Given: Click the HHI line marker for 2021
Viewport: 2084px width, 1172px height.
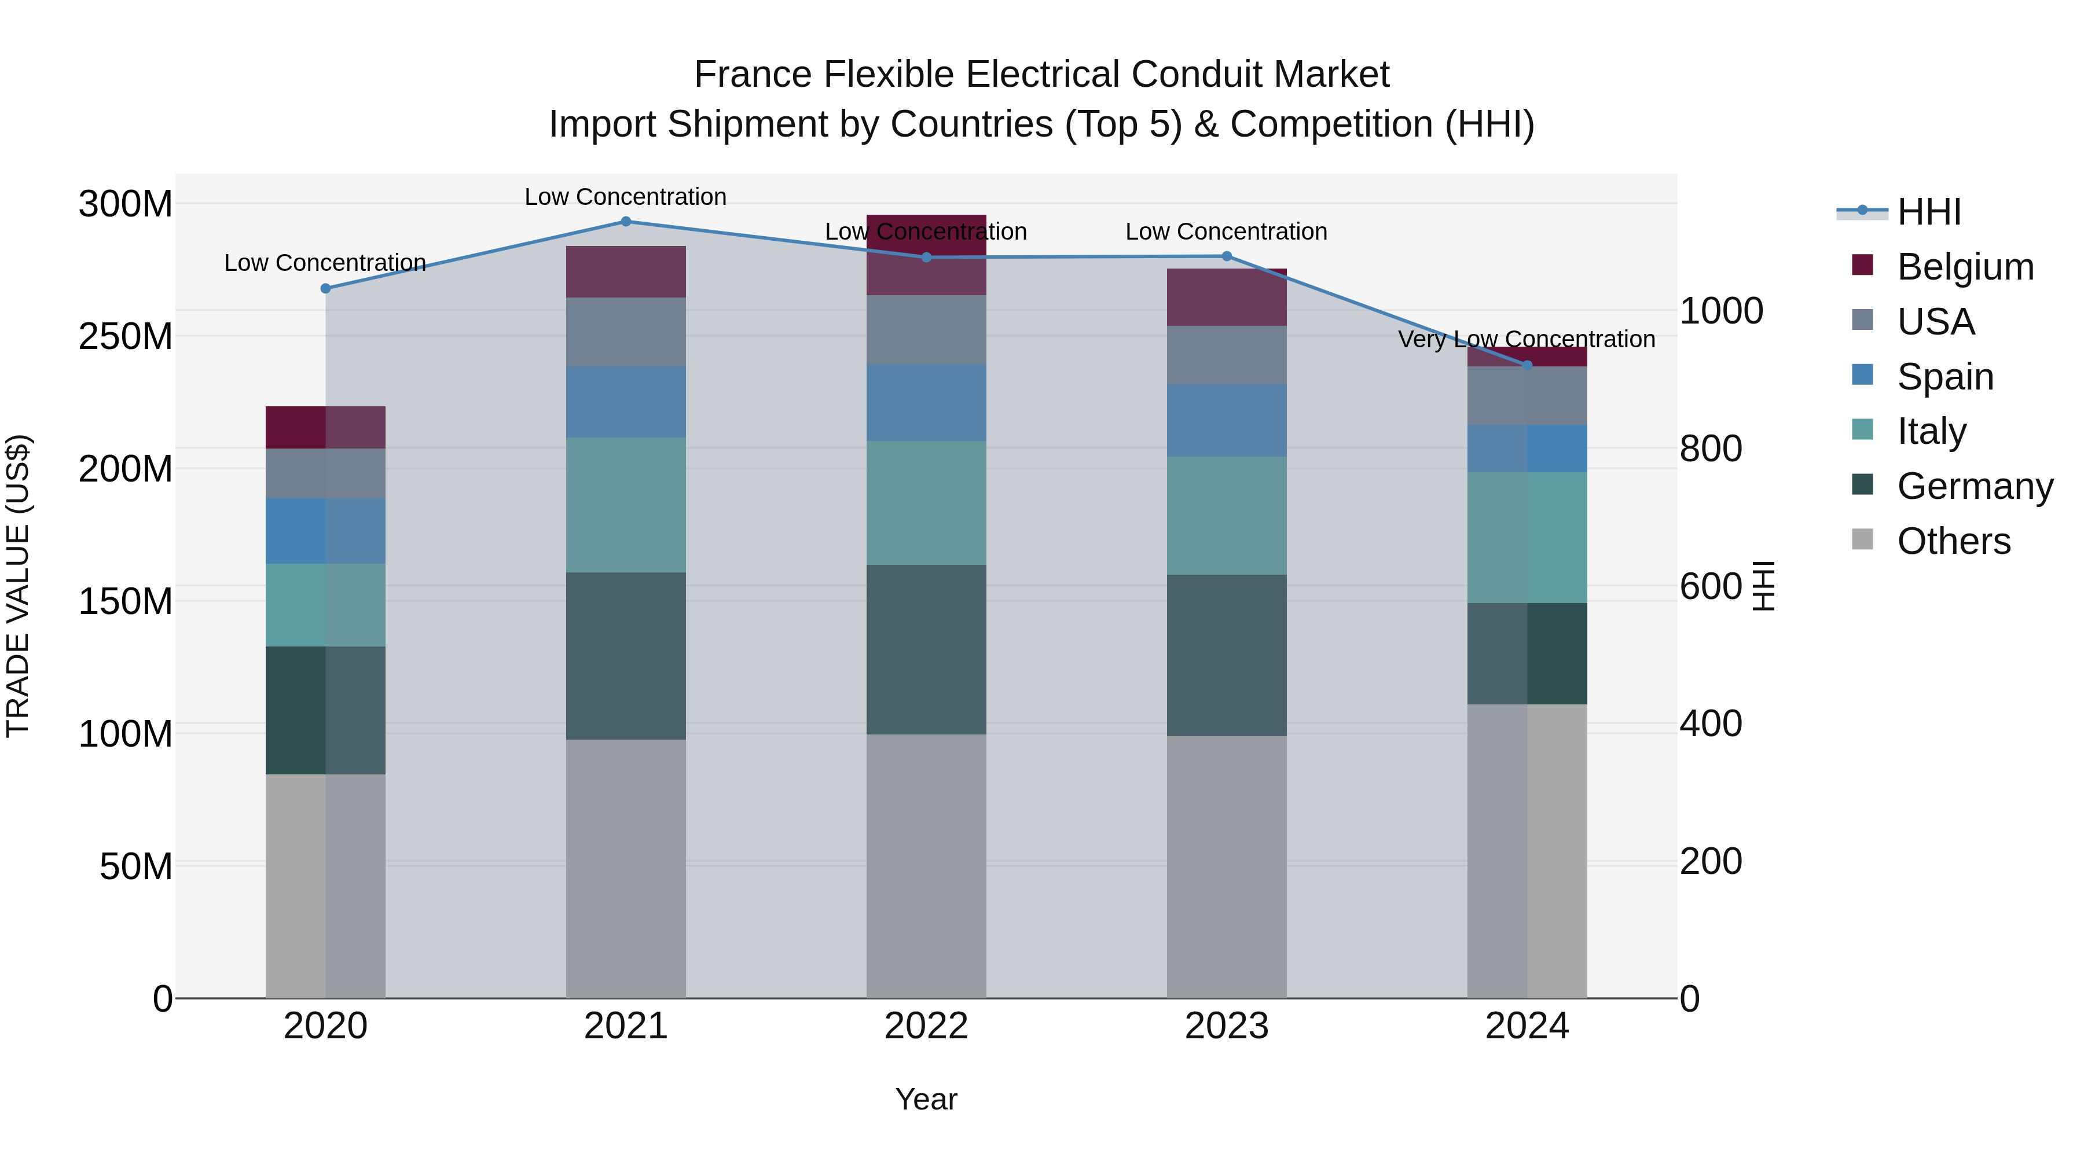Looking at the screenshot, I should point(625,222).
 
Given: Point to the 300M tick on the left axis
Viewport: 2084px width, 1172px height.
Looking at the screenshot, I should point(126,204).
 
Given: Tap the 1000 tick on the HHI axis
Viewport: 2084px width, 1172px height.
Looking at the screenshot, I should point(1722,311).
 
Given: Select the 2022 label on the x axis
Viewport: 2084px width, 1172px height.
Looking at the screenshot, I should point(926,1026).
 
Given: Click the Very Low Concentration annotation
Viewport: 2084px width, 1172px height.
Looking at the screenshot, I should point(1527,339).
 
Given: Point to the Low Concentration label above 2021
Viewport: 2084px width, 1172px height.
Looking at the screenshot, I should point(625,197).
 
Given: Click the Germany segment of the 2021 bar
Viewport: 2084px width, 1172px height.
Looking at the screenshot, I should point(625,655).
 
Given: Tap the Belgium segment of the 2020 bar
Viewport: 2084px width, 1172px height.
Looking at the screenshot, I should point(325,427).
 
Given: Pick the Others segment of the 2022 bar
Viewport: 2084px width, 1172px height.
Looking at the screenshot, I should point(926,865).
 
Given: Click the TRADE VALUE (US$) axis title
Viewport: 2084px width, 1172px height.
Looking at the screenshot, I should point(18,586).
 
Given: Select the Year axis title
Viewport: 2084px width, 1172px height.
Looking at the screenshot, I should point(926,1099).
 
